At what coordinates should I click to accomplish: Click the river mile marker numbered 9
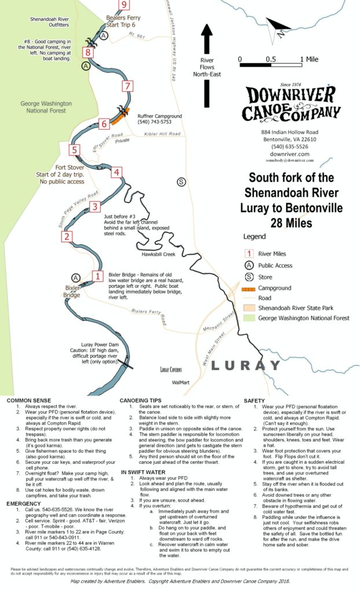(x=123, y=5)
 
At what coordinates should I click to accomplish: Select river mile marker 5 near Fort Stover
(x=74, y=150)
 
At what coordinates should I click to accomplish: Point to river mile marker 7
(x=128, y=87)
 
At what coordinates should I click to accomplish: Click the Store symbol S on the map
(x=182, y=182)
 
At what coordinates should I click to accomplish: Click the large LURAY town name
(x=238, y=365)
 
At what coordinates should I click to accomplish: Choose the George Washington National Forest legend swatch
(x=248, y=318)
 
